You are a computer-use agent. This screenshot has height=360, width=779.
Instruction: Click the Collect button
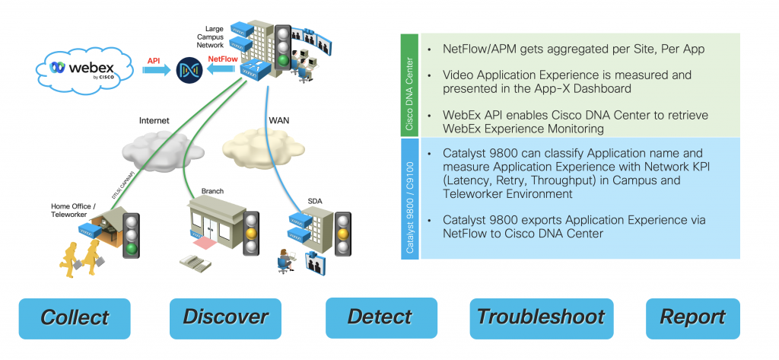[75, 317]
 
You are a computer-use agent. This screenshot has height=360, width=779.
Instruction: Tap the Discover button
[225, 317]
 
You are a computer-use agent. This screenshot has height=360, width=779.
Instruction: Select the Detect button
[381, 317]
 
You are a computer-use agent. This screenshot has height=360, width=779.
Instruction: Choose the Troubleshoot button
[540, 317]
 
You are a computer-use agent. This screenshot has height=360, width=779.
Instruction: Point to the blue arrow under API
[155, 71]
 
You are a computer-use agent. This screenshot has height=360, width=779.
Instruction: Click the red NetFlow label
[222, 57]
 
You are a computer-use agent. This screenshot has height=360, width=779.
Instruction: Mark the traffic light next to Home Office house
[133, 231]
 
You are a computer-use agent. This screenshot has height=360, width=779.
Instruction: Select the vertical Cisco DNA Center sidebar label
[409, 85]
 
